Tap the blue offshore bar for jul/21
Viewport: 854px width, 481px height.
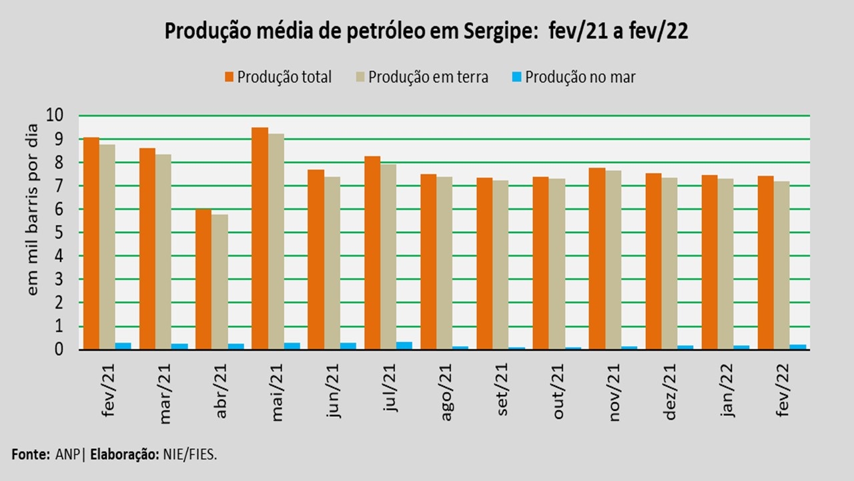click(x=404, y=345)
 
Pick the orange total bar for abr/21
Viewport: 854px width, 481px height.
click(x=203, y=279)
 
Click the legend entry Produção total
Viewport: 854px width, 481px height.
click(x=284, y=77)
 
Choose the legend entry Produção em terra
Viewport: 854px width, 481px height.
click(x=428, y=77)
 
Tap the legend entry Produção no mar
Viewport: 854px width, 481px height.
click(x=580, y=77)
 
